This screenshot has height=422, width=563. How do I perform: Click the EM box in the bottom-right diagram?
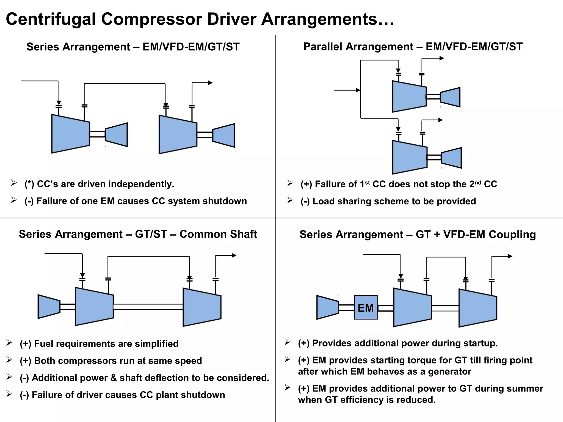tap(366, 307)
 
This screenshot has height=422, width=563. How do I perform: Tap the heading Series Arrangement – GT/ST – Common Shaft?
tap(138, 234)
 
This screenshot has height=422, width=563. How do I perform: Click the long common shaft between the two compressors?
tap(148, 307)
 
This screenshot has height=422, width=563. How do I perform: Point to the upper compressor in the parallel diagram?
tap(409, 96)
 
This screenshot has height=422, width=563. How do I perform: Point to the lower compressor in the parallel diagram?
tap(410, 157)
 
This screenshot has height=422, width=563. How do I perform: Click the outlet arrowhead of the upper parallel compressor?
tap(442, 58)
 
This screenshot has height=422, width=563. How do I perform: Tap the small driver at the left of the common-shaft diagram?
tap(49, 307)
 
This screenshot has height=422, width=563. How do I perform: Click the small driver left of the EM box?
tap(328, 307)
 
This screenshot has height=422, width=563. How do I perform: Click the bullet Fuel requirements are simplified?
tap(99, 344)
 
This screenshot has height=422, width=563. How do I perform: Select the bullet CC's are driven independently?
tap(99, 184)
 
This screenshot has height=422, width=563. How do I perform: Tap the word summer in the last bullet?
tap(525, 388)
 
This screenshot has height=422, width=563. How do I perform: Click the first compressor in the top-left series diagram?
tap(71, 134)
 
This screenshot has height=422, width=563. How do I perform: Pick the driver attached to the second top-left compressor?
tap(224, 135)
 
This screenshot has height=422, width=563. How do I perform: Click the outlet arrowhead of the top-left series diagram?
tap(211, 83)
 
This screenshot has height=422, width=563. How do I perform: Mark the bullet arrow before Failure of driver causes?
tap(9, 394)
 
